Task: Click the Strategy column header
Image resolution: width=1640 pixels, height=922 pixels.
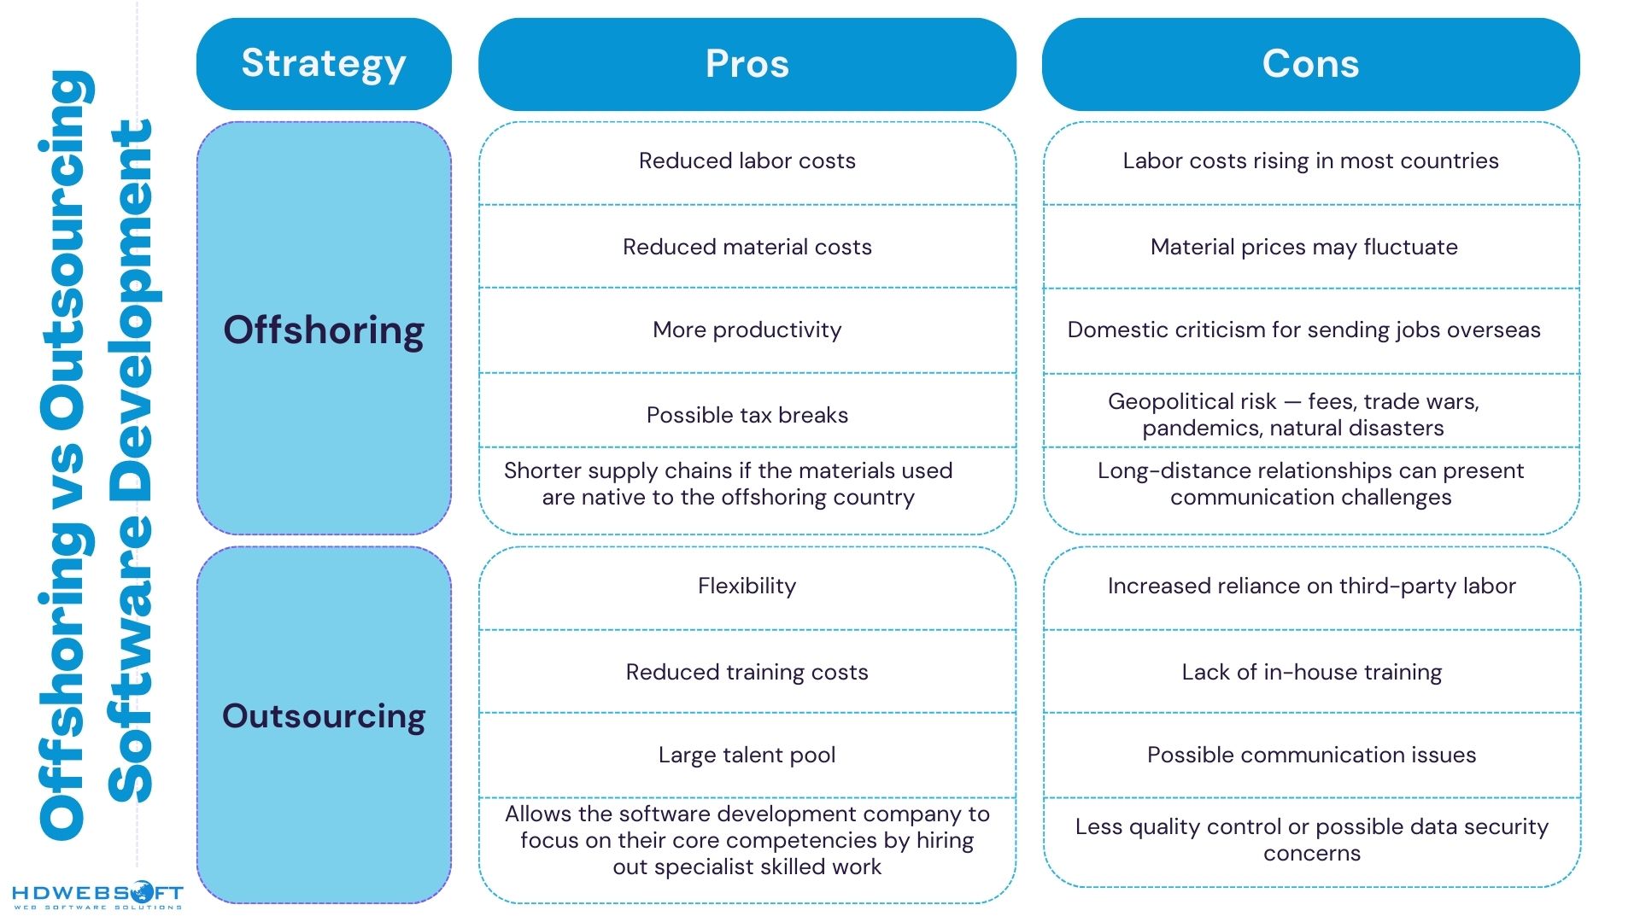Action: click(x=324, y=64)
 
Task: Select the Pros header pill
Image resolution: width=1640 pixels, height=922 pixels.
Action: click(x=747, y=64)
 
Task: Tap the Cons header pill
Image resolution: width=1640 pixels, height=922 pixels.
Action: click(x=1310, y=64)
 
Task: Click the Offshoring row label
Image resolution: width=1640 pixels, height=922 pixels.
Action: click(x=324, y=330)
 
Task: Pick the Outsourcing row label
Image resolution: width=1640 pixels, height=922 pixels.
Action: click(x=324, y=715)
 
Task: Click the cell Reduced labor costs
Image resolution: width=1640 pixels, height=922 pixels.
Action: click(x=747, y=161)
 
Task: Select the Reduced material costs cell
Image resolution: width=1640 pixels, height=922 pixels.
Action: click(x=747, y=248)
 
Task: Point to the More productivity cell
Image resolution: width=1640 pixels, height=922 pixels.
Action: click(x=747, y=330)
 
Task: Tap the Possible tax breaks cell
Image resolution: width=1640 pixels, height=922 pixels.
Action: click(x=747, y=416)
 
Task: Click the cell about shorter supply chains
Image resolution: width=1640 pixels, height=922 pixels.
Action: click(x=729, y=484)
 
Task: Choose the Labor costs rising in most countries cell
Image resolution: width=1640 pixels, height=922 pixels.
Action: click(x=1310, y=161)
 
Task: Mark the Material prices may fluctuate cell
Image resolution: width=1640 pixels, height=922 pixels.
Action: click(x=1303, y=248)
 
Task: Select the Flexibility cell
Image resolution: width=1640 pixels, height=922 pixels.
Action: click(x=747, y=586)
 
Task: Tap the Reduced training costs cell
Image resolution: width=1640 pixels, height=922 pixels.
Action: click(x=747, y=673)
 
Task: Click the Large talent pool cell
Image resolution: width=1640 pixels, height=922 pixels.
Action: click(x=747, y=756)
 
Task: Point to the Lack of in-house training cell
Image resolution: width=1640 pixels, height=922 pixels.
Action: click(x=1311, y=673)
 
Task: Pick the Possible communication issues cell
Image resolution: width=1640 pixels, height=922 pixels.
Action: click(x=1311, y=756)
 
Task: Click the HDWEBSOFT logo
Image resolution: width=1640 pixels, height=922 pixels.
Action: click(x=97, y=896)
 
